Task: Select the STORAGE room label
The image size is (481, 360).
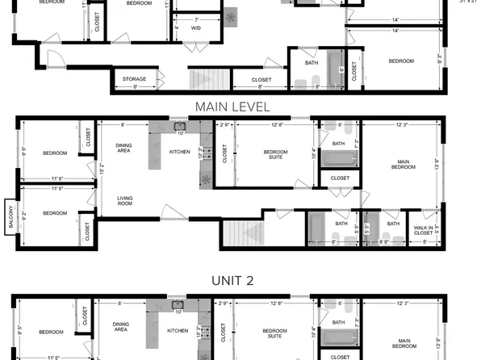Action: pyautogui.click(x=134, y=79)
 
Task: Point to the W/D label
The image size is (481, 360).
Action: pyautogui.click(x=196, y=28)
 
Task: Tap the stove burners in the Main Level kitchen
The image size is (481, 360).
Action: pyautogui.click(x=205, y=151)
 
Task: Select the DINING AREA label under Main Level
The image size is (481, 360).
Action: pyautogui.click(x=123, y=147)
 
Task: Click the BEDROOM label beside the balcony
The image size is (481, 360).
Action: pyautogui.click(x=54, y=213)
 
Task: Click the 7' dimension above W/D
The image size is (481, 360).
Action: pyautogui.click(x=196, y=19)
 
